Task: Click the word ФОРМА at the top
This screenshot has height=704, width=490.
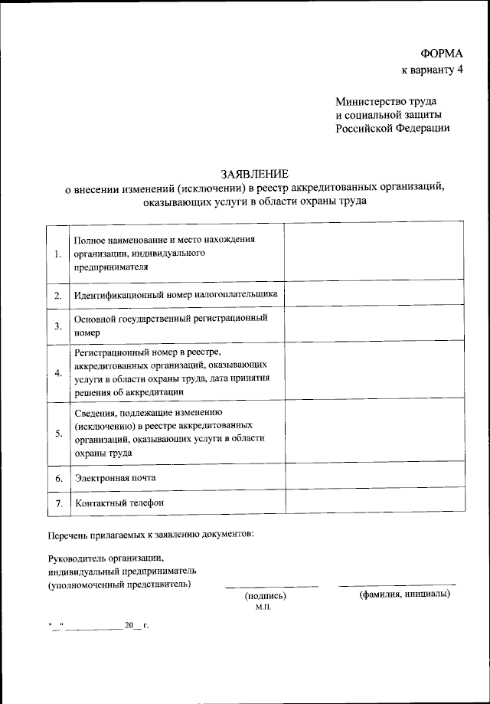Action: [x=442, y=54]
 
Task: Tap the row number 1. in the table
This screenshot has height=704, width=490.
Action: [x=58, y=254]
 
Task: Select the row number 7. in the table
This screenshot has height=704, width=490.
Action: [x=58, y=503]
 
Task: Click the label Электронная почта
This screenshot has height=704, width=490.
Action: [x=115, y=477]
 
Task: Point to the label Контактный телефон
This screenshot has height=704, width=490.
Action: [x=119, y=503]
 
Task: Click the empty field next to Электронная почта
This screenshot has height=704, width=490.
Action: [x=374, y=475]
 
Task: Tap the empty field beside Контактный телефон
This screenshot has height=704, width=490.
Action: [x=374, y=500]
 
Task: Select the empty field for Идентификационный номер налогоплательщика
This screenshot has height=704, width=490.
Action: [x=374, y=294]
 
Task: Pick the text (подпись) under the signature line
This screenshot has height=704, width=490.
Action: [x=265, y=595]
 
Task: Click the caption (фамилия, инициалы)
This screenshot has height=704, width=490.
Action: [x=404, y=594]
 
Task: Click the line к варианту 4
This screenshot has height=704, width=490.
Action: [x=433, y=71]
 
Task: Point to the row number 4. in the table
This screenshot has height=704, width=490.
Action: [x=58, y=373]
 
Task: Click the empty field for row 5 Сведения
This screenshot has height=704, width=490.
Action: [x=374, y=431]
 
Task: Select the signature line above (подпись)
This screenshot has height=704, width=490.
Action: [x=271, y=587]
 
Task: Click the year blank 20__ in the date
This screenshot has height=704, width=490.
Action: [x=133, y=625]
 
